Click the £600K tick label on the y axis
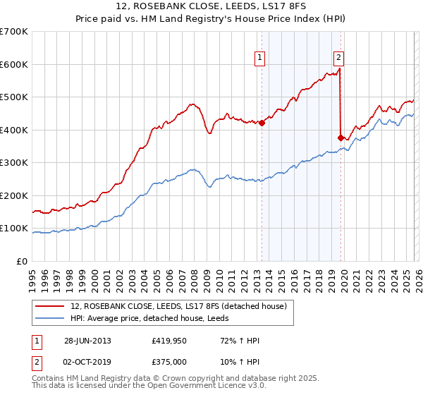click(x=14, y=64)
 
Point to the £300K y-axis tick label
click(x=14, y=163)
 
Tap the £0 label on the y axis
click(x=23, y=262)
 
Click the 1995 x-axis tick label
click(x=33, y=278)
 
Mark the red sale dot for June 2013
click(x=262, y=123)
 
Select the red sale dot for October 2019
click(x=341, y=138)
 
